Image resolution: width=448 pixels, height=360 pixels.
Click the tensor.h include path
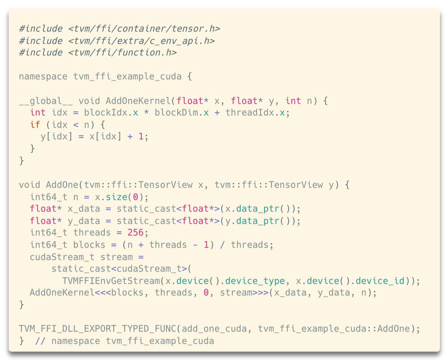pyautogui.click(x=144, y=29)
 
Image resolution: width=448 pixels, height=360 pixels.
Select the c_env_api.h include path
pyautogui.click(x=141, y=41)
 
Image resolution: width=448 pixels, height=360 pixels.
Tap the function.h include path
pyautogui.click(x=122, y=53)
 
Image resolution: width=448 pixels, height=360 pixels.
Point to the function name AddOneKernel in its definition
pyautogui.click(x=138, y=101)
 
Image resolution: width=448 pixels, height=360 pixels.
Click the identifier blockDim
pyautogui.click(x=176, y=113)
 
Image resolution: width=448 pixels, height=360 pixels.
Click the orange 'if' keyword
pyautogui.click(x=35, y=125)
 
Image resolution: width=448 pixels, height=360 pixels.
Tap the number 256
pyautogui.click(x=135, y=233)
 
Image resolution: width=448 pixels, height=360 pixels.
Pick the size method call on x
pyautogui.click(x=116, y=197)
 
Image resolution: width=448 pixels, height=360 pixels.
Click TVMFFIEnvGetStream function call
pyautogui.click(x=111, y=281)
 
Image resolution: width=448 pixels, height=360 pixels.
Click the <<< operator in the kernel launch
pyautogui.click(x=103, y=293)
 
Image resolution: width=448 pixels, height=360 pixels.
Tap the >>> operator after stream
pyautogui.click(x=260, y=293)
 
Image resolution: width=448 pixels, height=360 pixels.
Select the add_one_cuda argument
pyautogui.click(x=214, y=329)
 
